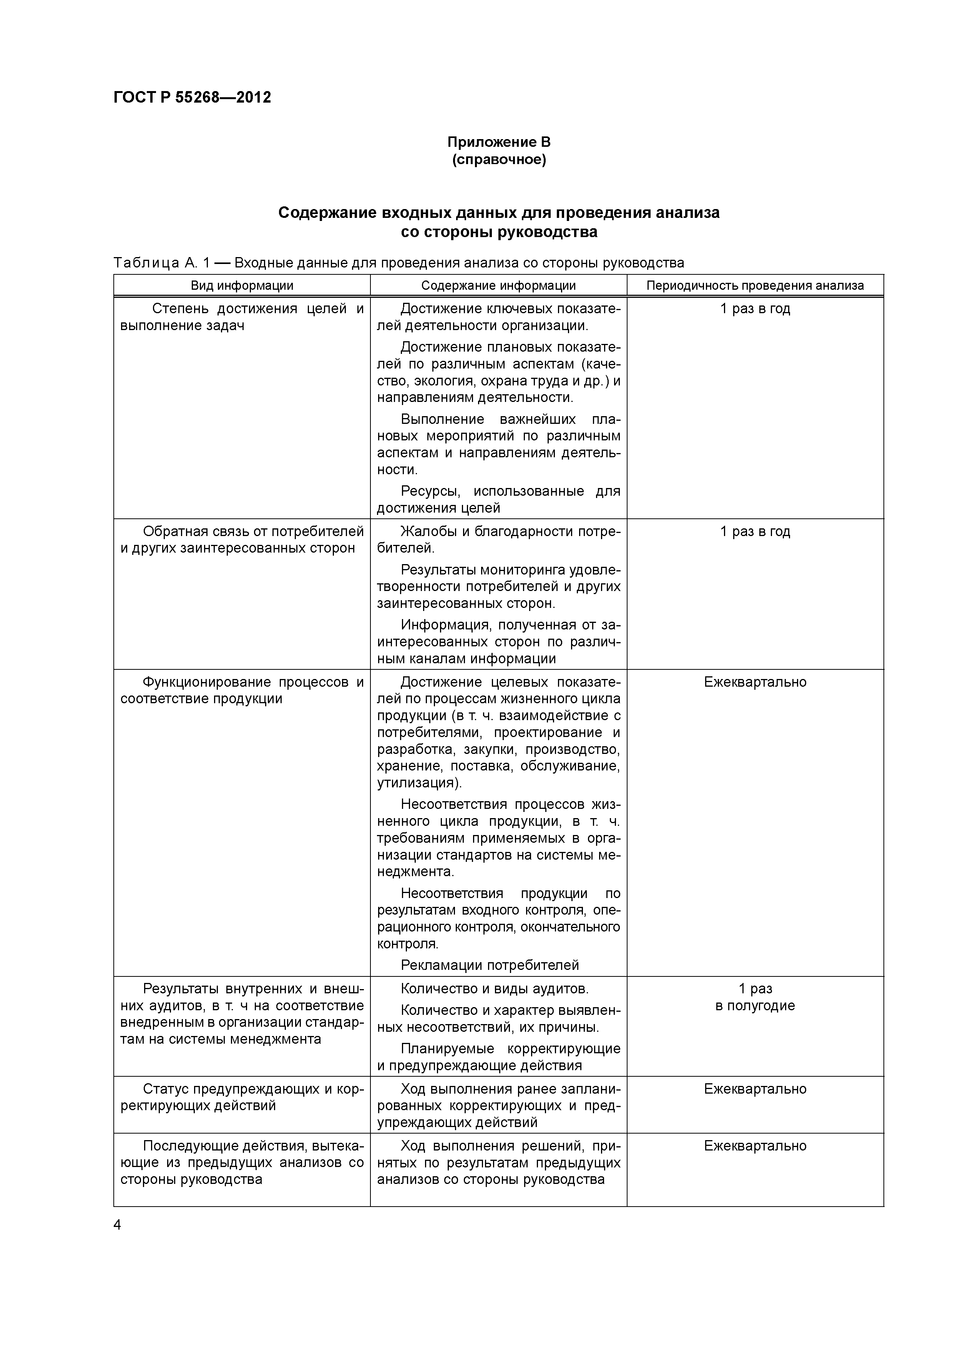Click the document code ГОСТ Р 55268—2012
point(192,98)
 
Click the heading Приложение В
point(498,142)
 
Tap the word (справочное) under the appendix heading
point(498,160)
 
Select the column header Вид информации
point(242,286)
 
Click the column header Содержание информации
point(498,286)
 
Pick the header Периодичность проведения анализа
point(755,286)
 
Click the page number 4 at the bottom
point(117,1225)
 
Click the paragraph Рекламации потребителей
point(490,965)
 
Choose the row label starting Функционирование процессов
point(242,691)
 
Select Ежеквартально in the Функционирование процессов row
point(755,682)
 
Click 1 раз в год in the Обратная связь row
point(755,531)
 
